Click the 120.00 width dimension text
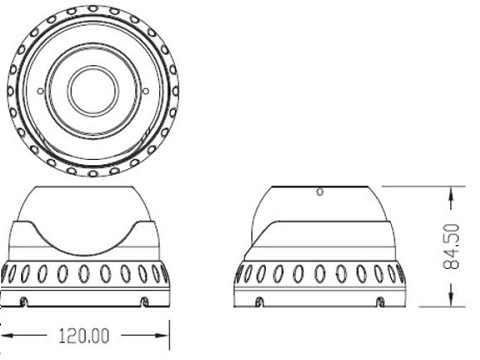(84, 336)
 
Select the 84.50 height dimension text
(451, 247)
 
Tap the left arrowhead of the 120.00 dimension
(7, 335)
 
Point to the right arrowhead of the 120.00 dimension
(162, 335)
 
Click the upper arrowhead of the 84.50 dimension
(451, 194)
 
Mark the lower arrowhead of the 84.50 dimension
(451, 299)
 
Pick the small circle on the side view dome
(320, 192)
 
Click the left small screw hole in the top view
(40, 91)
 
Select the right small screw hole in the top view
(146, 91)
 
